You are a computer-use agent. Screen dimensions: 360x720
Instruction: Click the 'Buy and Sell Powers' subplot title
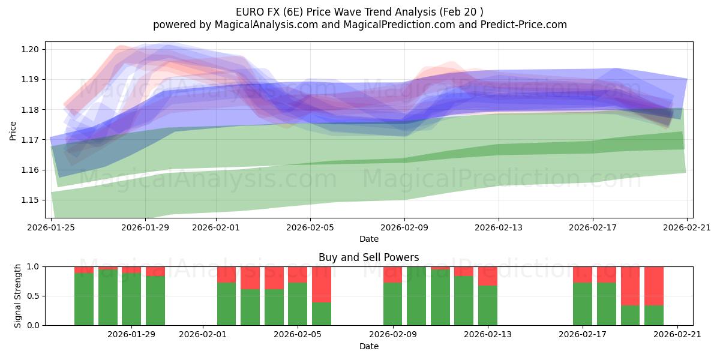pos(368,257)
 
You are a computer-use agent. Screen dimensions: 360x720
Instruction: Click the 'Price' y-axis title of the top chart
pos(13,130)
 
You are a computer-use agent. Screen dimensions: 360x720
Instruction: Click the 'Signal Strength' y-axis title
pos(18,296)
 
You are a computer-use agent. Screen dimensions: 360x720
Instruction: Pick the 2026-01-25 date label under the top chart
pos(51,227)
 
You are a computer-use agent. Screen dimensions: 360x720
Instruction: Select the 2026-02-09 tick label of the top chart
pos(404,227)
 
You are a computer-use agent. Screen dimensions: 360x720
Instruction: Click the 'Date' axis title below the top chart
pos(368,239)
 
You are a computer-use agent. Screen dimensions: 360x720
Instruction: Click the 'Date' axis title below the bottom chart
pos(368,346)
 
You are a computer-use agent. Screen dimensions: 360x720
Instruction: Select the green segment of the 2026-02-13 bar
pos(487,306)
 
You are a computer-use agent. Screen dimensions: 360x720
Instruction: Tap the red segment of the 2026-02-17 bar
pos(582,274)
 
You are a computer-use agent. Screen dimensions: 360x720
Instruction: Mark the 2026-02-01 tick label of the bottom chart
pos(203,335)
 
